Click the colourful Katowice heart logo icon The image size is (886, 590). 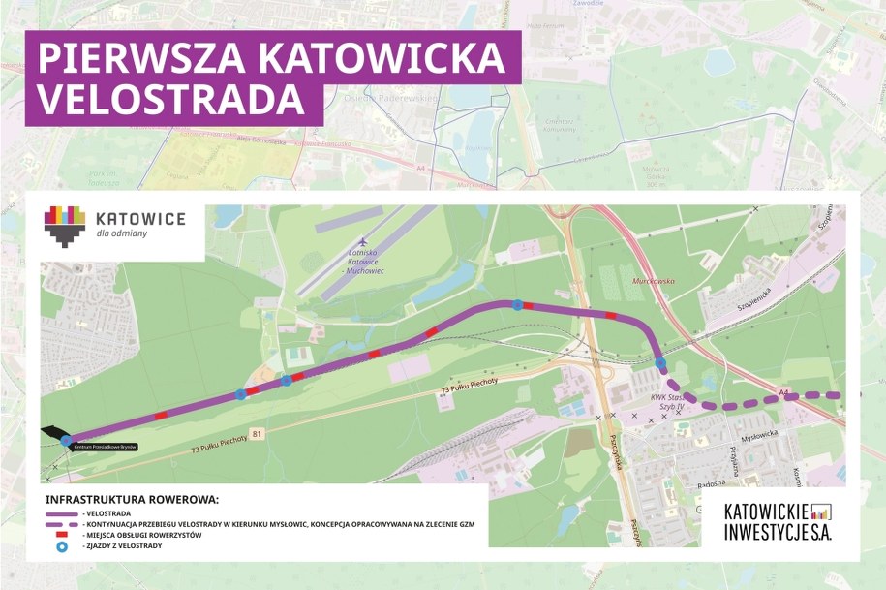(x=64, y=226)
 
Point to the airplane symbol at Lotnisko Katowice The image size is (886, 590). (x=362, y=242)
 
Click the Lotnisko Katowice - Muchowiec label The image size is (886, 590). (x=361, y=262)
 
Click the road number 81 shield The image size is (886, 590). (x=256, y=432)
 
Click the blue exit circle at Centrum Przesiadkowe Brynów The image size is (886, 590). (x=66, y=441)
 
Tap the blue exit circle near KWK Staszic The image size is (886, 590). (x=660, y=363)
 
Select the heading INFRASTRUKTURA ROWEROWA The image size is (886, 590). (x=133, y=499)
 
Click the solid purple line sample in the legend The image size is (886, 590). (x=63, y=512)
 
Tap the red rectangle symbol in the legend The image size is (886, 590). (x=63, y=535)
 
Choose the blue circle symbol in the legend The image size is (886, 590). (x=63, y=546)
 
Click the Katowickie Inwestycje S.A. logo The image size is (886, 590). (x=778, y=522)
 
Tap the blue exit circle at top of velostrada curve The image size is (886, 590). (x=518, y=304)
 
